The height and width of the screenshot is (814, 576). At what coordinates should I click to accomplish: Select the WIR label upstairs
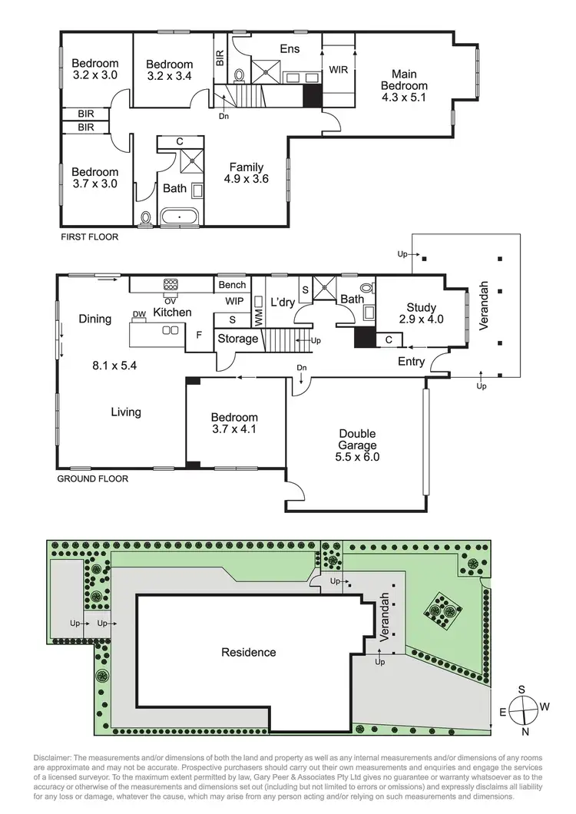tap(339, 69)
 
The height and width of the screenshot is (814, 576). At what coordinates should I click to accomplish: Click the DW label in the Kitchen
tap(139, 314)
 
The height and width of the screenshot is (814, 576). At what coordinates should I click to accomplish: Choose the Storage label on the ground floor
tap(237, 339)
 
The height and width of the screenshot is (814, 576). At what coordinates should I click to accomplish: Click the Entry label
tap(412, 362)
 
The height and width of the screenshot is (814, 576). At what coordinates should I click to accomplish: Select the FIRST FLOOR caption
tap(90, 237)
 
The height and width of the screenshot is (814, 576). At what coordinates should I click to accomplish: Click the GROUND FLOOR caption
tap(93, 478)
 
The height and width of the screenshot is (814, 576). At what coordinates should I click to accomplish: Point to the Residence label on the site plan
tap(248, 653)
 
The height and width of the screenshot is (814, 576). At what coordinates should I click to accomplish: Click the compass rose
tap(522, 705)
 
